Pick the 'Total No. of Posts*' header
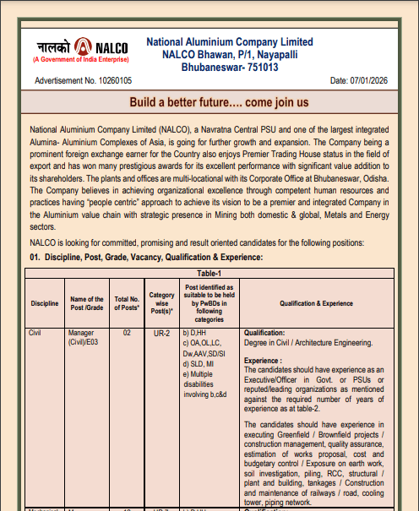[127, 303]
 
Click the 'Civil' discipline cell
[35, 334]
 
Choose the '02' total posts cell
[127, 334]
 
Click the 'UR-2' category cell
[161, 334]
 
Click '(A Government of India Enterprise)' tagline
[81, 61]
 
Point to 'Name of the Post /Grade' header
[86, 303]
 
